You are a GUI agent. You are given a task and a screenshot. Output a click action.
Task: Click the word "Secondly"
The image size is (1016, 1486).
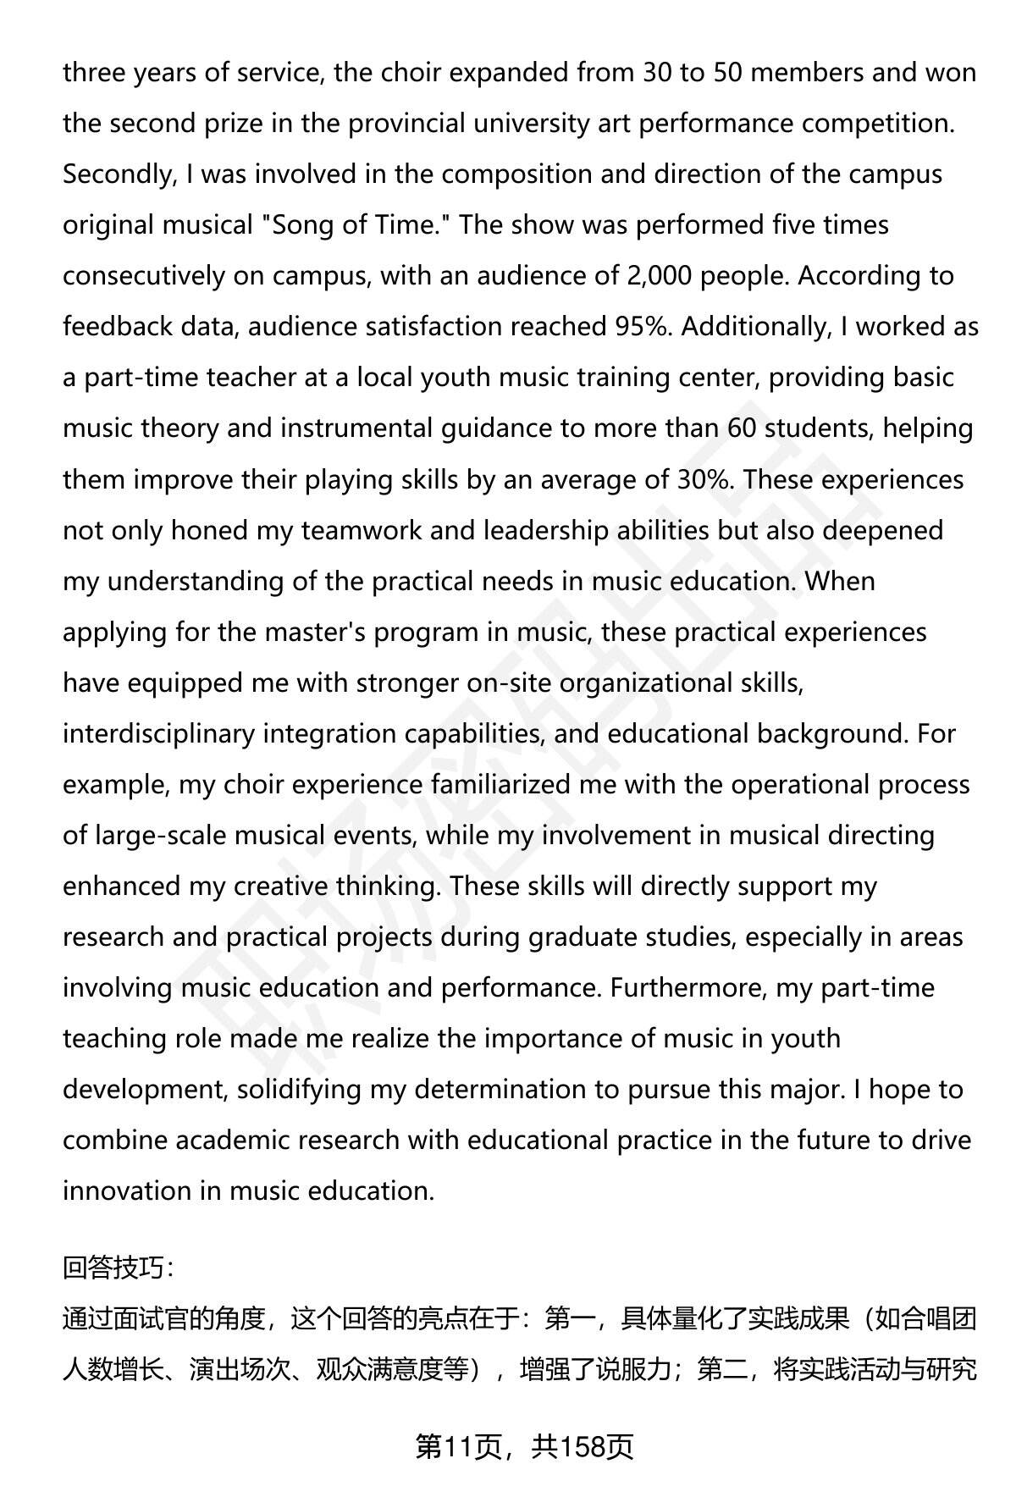(116, 174)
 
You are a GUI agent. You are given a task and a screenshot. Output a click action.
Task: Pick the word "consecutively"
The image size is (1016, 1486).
(144, 276)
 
